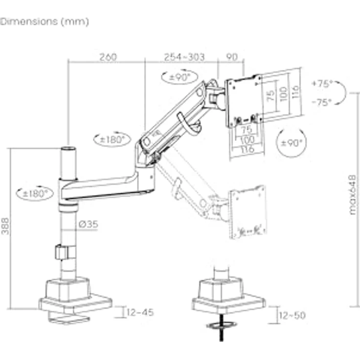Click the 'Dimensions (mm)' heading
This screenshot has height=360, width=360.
(45, 22)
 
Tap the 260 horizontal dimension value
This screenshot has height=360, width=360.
(108, 57)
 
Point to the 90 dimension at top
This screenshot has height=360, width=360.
(232, 57)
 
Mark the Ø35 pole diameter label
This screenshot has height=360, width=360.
(89, 225)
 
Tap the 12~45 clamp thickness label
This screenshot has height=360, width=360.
(139, 312)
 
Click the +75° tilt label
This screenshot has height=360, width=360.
(321, 84)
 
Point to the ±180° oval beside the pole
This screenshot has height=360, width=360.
(34, 193)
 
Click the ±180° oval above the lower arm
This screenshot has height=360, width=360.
(112, 139)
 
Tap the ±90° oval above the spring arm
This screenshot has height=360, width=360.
(179, 77)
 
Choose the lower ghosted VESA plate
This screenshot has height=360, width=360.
(248, 212)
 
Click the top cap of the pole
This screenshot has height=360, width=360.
(68, 147)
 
